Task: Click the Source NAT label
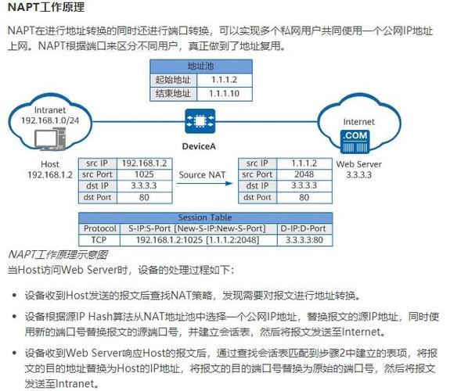(x=202, y=175)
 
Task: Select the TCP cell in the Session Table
(x=99, y=240)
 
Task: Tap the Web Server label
(x=359, y=163)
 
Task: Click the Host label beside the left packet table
(x=49, y=163)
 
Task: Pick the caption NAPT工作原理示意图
(x=57, y=255)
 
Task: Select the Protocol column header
(x=99, y=228)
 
